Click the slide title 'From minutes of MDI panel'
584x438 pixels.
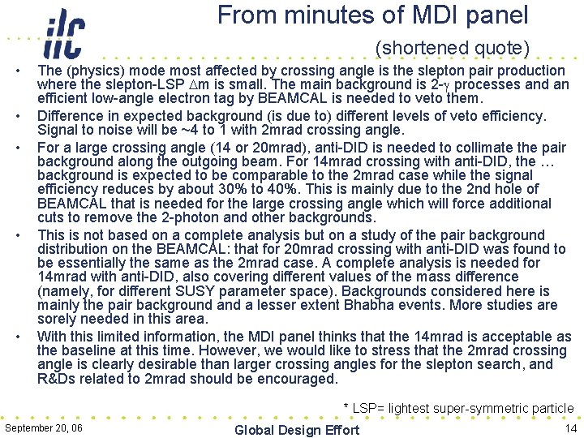372,15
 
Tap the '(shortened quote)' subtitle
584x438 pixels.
452,49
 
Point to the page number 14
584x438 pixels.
570,427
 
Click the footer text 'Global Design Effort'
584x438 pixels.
296,430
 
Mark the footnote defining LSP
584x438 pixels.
458,409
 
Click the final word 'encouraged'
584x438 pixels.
292,379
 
